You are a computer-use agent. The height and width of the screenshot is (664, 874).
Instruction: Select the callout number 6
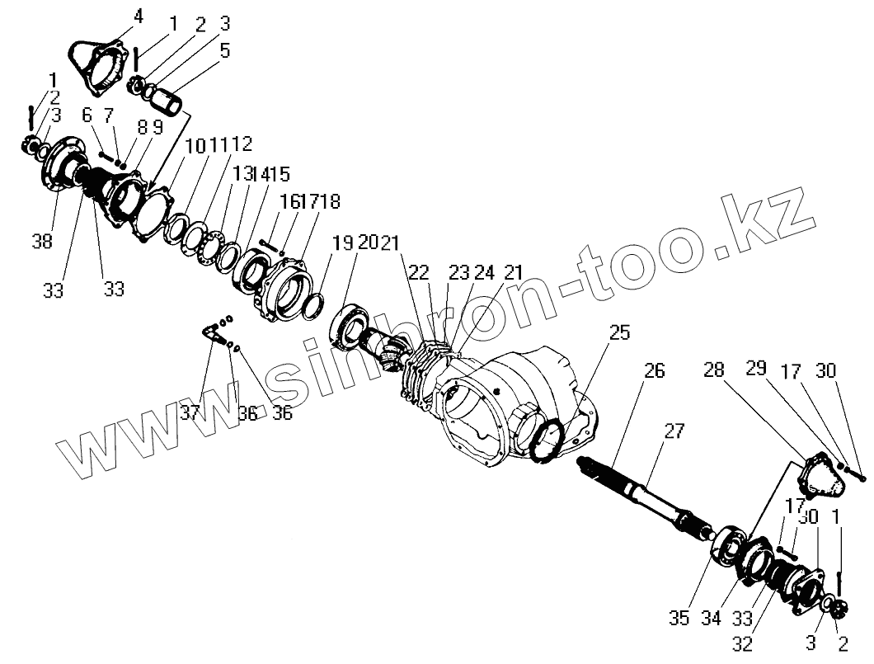(87, 115)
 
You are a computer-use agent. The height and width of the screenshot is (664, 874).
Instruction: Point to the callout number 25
(619, 333)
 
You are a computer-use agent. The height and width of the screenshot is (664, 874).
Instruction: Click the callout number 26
(654, 372)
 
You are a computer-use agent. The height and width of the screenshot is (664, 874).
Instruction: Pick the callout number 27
(674, 431)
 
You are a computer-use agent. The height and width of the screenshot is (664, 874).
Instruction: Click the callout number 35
(679, 618)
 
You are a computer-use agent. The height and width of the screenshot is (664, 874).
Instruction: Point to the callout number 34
(711, 618)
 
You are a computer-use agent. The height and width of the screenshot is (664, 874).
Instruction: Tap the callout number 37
(191, 413)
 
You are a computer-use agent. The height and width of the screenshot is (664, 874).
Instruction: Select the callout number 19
(342, 243)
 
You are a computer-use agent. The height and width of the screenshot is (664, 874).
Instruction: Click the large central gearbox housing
(511, 396)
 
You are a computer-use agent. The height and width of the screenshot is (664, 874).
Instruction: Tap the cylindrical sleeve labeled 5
(174, 106)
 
